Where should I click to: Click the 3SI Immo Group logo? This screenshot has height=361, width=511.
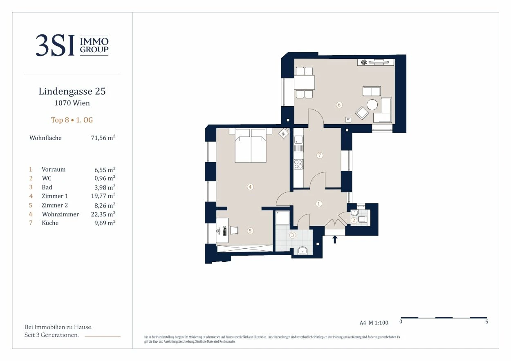tap(72, 45)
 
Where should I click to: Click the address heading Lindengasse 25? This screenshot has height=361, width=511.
tap(72, 91)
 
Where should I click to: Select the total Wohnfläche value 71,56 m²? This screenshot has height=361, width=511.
tap(103, 138)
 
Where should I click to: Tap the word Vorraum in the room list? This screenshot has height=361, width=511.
tap(54, 169)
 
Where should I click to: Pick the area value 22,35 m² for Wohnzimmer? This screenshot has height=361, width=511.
tap(103, 214)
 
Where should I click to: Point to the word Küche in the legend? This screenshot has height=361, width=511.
tap(50, 223)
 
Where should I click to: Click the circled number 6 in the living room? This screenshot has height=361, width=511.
tap(339, 105)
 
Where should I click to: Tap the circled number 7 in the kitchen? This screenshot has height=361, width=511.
tap(320, 156)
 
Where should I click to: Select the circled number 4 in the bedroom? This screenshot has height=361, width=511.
tap(250, 187)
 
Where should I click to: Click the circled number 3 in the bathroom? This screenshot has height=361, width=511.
tap(292, 235)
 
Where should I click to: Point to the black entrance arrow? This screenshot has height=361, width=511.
tap(335, 240)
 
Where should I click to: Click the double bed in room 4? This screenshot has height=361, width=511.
tap(251, 145)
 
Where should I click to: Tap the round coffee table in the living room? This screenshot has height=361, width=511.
tap(372, 105)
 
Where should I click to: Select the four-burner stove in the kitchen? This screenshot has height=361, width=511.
tap(298, 164)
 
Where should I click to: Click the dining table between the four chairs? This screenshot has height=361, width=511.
tap(304, 82)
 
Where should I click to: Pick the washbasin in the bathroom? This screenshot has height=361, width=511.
tap(303, 251)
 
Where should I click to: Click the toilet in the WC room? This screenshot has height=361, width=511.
tap(363, 219)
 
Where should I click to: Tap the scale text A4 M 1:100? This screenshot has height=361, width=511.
tap(374, 323)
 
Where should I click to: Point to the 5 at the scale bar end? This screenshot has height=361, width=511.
tap(486, 321)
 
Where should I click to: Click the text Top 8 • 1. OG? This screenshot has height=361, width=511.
tap(72, 120)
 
